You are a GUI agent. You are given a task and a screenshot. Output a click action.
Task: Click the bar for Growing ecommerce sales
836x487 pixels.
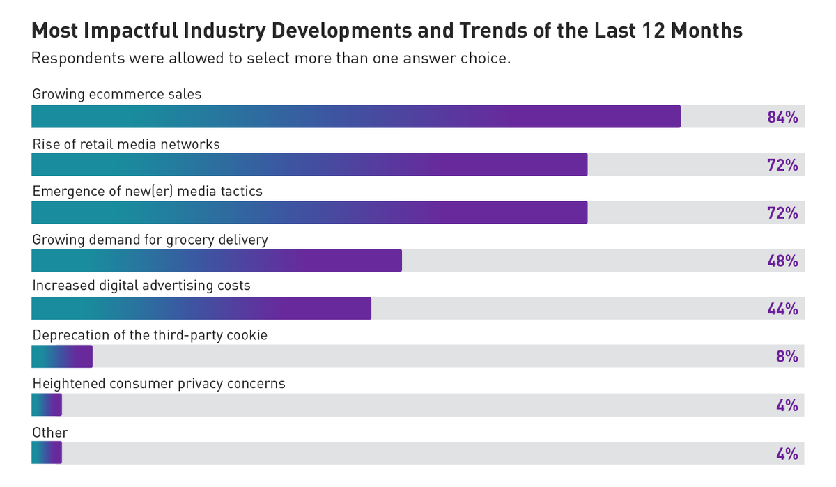click(x=355, y=116)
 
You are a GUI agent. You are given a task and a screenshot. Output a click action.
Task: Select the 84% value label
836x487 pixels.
click(x=782, y=117)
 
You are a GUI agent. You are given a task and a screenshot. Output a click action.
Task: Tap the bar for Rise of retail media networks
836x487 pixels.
click(x=309, y=164)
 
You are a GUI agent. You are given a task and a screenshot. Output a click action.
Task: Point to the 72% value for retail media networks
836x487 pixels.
click(x=782, y=165)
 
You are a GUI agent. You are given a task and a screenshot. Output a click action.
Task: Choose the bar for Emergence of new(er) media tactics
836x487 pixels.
click(x=309, y=212)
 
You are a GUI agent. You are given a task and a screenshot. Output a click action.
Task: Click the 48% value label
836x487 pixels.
click(x=782, y=261)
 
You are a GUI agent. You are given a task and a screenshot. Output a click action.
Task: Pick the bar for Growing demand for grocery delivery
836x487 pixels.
click(x=217, y=261)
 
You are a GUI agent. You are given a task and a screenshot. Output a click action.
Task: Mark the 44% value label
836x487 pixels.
click(x=782, y=309)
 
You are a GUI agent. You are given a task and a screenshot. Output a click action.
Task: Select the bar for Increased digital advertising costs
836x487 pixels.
click(x=201, y=309)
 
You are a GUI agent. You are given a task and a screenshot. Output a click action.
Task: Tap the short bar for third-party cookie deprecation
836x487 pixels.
click(x=62, y=357)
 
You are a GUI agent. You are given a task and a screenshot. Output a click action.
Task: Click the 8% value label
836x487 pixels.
click(x=787, y=357)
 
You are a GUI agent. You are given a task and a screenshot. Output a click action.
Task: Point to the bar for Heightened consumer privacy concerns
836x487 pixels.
click(x=47, y=405)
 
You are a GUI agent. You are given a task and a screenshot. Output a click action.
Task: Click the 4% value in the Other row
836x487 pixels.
click(x=787, y=454)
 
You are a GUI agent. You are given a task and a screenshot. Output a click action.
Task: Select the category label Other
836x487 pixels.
click(x=50, y=433)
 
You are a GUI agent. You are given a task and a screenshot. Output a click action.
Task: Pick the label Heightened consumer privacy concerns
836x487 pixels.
click(x=159, y=384)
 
